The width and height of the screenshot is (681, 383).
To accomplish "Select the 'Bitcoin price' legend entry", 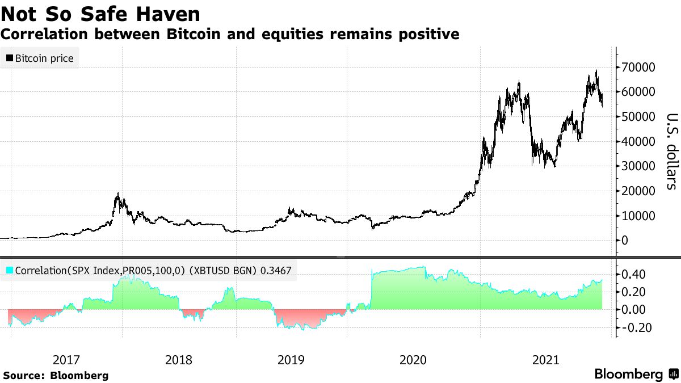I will pyautogui.click(x=39, y=58).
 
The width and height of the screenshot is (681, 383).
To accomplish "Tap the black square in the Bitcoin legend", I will pyautogui.click(x=10, y=58).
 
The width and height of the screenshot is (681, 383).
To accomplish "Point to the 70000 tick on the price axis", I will pyautogui.click(x=639, y=67).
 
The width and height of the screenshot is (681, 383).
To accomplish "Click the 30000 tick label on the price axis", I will pyautogui.click(x=639, y=166).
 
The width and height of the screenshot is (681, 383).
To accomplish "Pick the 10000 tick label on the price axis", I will pyautogui.click(x=639, y=216).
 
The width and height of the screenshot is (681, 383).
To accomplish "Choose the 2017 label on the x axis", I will pyautogui.click(x=66, y=360).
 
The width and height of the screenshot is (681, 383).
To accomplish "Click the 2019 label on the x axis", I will pyautogui.click(x=291, y=360).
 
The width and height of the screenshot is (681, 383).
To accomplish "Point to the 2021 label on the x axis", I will pyautogui.click(x=546, y=360).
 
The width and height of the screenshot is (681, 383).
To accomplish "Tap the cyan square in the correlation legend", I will pyautogui.click(x=10, y=271).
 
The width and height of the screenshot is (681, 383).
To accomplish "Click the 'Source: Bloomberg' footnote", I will pyautogui.click(x=56, y=375).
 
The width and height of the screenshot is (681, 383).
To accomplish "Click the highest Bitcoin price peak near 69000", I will pyautogui.click(x=596, y=71).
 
